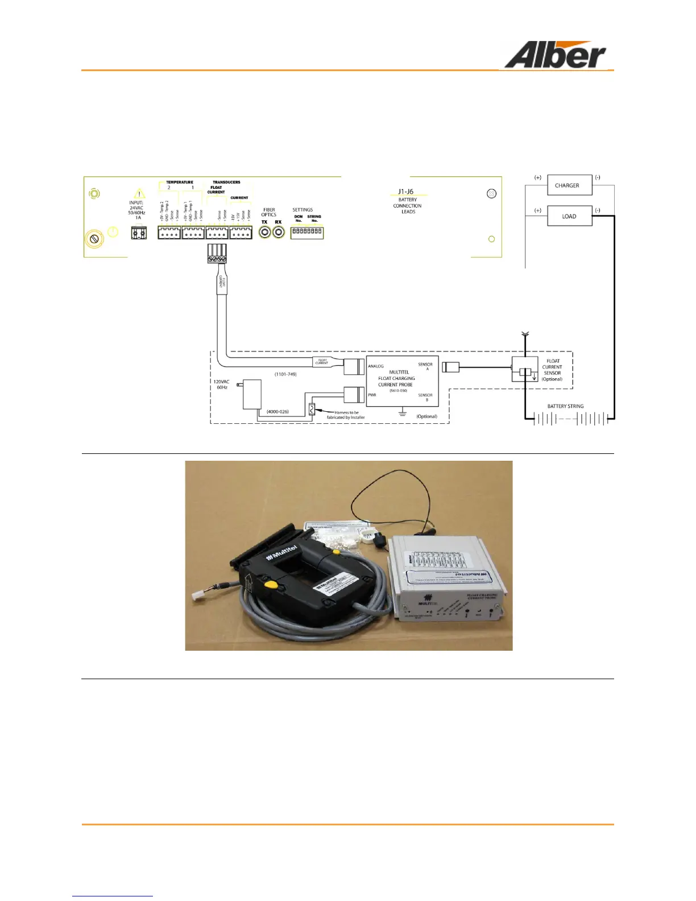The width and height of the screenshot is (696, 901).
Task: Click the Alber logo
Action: (x=554, y=56)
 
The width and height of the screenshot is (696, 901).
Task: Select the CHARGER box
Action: (x=569, y=185)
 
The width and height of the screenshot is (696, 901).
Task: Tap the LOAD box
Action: (x=569, y=216)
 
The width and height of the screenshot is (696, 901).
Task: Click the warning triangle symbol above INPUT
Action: (x=139, y=195)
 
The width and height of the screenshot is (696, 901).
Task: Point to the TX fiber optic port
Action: (x=265, y=232)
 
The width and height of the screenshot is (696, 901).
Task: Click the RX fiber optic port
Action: (x=279, y=232)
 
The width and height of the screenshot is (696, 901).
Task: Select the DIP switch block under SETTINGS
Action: (x=307, y=232)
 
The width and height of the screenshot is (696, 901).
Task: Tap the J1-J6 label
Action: (x=405, y=192)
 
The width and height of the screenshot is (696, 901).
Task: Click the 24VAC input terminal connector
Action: (x=139, y=233)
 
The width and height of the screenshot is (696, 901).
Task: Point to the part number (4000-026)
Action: (x=277, y=411)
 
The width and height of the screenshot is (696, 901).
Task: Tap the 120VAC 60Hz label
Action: (x=221, y=385)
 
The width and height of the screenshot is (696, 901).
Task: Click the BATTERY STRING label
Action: (x=565, y=406)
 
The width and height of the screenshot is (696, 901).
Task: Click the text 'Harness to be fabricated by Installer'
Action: (x=346, y=415)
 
